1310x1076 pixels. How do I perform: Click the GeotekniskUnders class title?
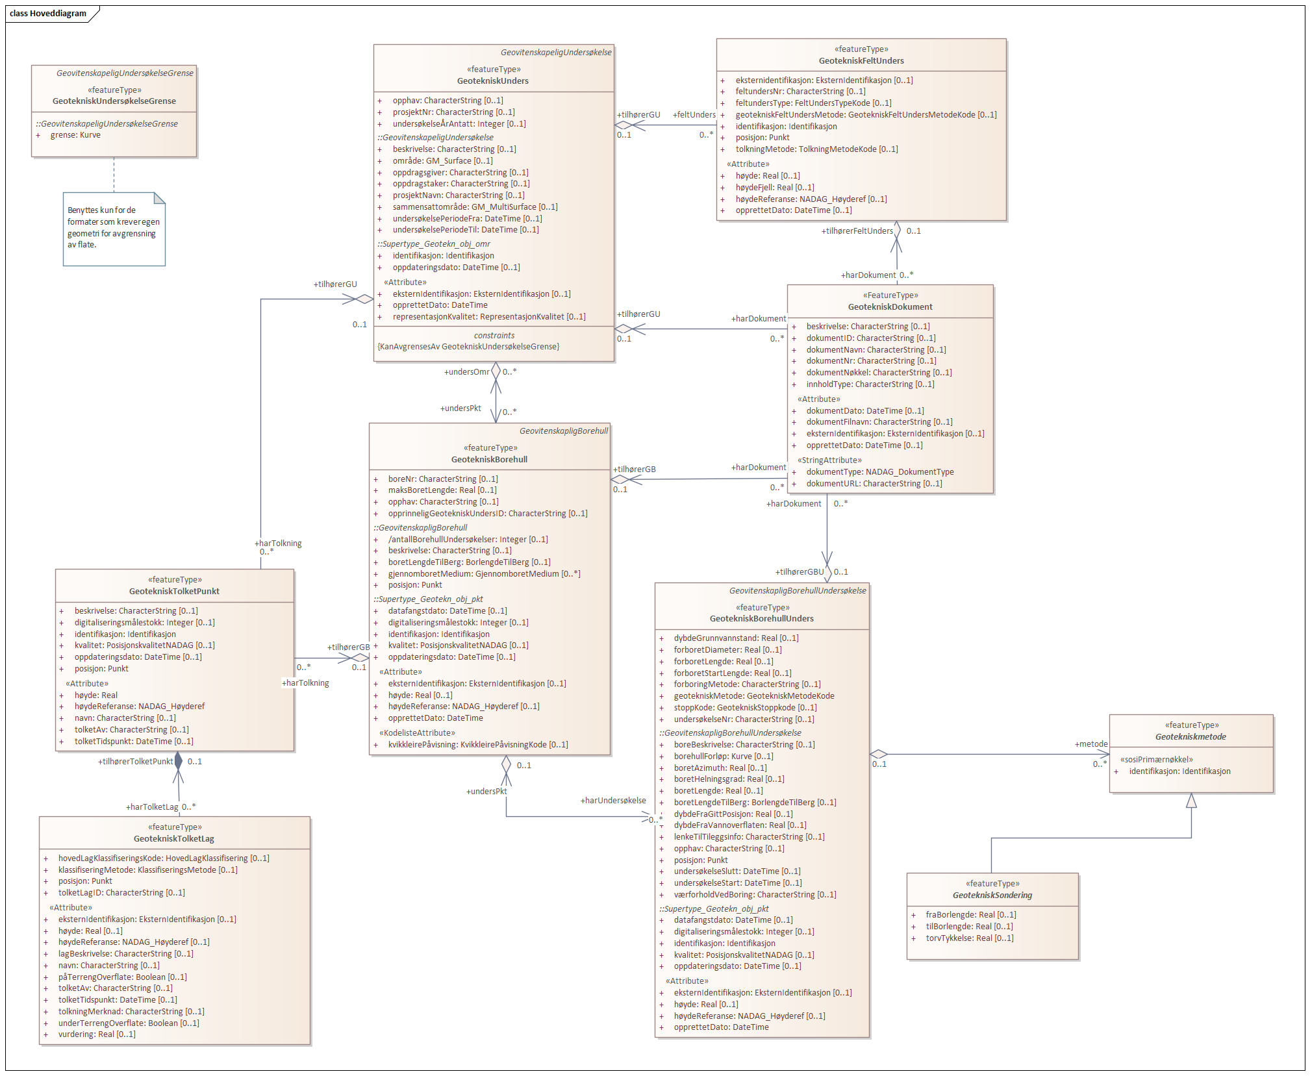click(x=492, y=81)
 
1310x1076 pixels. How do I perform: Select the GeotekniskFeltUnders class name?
click(x=861, y=61)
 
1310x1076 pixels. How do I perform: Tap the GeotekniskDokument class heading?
click(x=890, y=307)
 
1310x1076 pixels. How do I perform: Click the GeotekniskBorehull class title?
click(x=489, y=460)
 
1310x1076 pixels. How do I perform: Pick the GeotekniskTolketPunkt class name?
click(x=174, y=592)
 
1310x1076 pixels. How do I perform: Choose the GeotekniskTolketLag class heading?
click(x=174, y=839)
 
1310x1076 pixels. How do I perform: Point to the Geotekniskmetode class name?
click(x=1190, y=737)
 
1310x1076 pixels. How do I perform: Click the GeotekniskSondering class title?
click(x=992, y=895)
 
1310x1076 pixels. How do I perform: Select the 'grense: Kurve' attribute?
click(x=75, y=135)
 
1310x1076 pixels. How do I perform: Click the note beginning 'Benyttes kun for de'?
click(x=114, y=228)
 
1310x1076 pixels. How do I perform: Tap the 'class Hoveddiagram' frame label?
click(x=48, y=14)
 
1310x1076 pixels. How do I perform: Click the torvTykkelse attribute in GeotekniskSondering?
click(x=969, y=938)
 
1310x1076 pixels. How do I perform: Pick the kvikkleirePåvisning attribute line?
click(x=478, y=745)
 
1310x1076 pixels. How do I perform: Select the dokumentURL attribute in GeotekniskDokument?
click(x=874, y=484)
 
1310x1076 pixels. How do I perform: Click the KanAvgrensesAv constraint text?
click(x=468, y=347)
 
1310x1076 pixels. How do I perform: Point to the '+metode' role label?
click(x=1091, y=744)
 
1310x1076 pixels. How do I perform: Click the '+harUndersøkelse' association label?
click(x=613, y=801)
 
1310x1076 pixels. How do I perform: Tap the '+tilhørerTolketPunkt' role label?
click(x=136, y=762)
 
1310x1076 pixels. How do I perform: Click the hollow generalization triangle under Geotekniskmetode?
click(x=1191, y=801)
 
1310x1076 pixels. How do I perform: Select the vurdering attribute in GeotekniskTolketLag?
click(x=97, y=1034)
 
